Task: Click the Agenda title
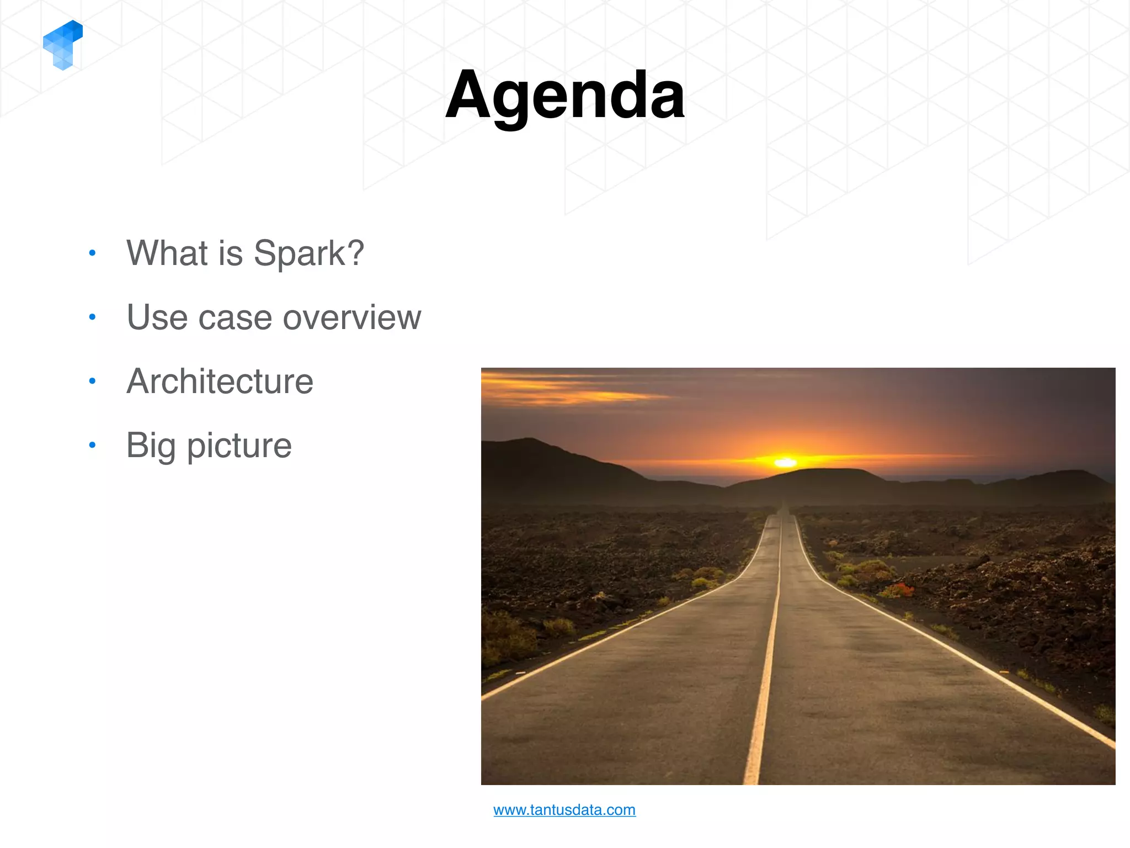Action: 565,95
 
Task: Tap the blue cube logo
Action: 63,45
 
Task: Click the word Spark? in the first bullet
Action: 308,253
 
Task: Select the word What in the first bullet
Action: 167,253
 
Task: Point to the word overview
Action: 351,317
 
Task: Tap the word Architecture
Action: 220,381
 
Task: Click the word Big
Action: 150,446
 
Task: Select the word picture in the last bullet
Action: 239,446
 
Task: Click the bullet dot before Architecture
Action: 92,381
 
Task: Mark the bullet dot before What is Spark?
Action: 92,253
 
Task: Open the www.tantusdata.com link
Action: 564,810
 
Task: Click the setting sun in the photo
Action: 785,462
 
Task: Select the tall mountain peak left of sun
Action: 530,442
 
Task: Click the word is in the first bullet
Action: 230,253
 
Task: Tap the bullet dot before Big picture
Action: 92,445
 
